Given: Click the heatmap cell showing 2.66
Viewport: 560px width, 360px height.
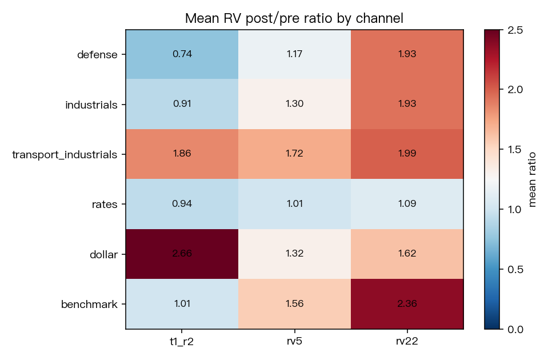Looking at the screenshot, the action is [x=182, y=254].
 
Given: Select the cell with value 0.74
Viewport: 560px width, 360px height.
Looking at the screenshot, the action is [x=182, y=54].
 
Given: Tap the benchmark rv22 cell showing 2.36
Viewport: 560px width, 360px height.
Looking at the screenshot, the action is [x=407, y=304].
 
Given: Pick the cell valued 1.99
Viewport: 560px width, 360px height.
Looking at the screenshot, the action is [x=407, y=154].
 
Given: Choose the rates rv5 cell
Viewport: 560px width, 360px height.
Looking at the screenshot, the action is [x=295, y=204].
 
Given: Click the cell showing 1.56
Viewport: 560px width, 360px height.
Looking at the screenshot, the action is [x=295, y=304].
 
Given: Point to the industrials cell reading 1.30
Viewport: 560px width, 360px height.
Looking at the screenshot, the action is [x=295, y=104].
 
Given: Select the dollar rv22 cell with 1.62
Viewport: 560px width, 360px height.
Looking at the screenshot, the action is [x=407, y=254].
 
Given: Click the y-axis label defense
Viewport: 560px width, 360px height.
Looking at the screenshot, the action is [x=97, y=55].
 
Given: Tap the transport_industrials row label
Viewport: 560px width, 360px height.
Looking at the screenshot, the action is [x=65, y=155].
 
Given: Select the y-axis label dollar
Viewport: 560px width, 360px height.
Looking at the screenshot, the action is [x=103, y=254].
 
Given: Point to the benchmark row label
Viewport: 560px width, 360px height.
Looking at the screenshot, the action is [x=89, y=304].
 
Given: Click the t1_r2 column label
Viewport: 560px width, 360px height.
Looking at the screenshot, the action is [x=182, y=342].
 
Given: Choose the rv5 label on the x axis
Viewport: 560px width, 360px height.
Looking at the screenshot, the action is [x=294, y=342].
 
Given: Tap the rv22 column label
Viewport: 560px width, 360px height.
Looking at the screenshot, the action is [x=407, y=342].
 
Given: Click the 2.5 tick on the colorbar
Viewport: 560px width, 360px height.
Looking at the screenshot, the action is [x=515, y=30].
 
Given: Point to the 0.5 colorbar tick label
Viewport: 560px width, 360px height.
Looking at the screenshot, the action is [x=515, y=269].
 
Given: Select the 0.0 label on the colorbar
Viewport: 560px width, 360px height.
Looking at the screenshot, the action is [x=515, y=329].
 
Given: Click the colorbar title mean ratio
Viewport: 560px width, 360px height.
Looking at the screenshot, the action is [x=532, y=179].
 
